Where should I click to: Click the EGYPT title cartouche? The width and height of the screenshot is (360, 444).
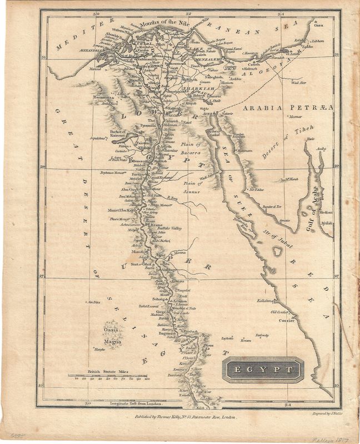263,370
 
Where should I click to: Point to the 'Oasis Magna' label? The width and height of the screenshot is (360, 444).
112,336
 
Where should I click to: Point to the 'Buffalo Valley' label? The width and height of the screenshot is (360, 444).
170,228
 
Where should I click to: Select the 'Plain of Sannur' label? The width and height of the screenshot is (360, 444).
192,187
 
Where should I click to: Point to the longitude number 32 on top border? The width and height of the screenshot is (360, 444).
189,13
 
